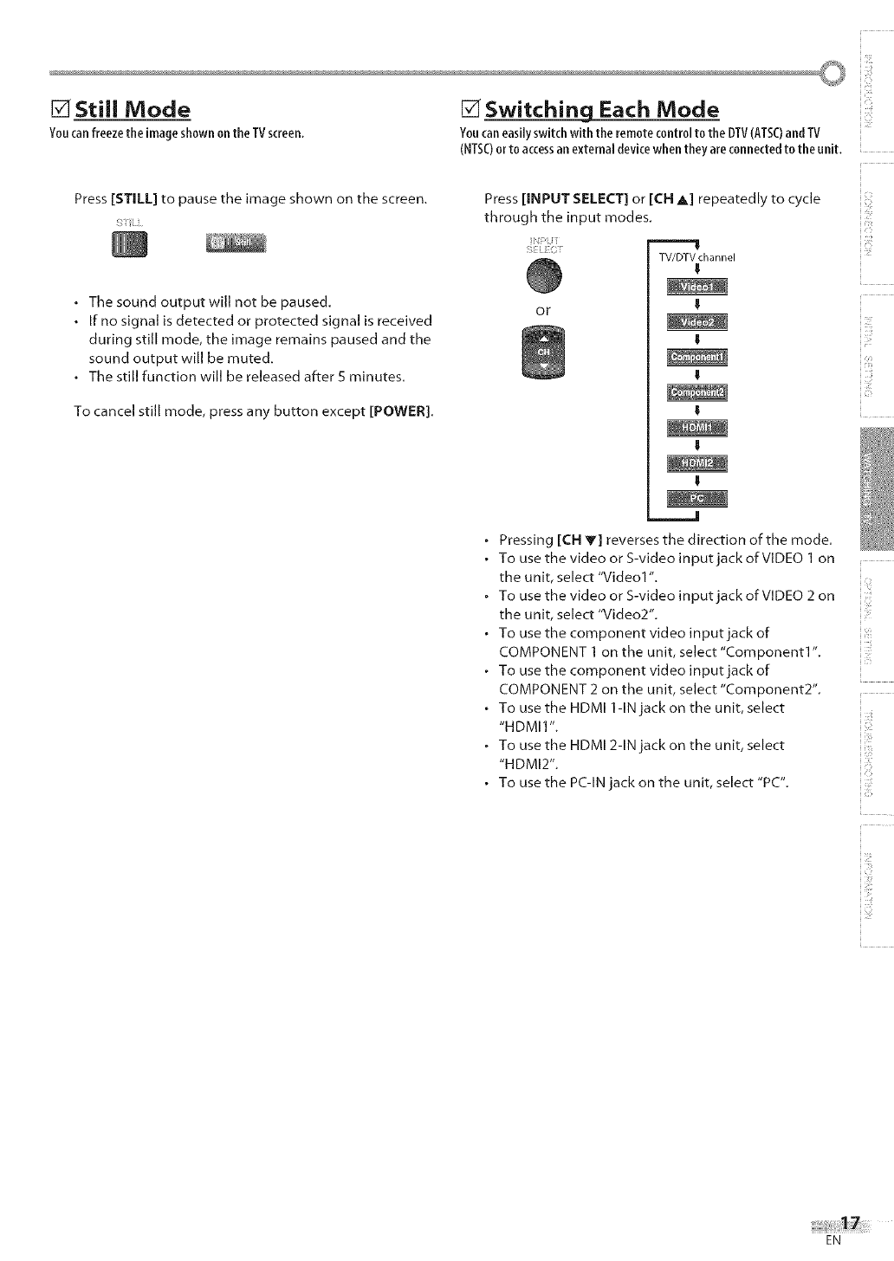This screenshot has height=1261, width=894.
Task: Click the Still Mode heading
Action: click(x=132, y=110)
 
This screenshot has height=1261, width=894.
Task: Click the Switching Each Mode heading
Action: click(x=601, y=110)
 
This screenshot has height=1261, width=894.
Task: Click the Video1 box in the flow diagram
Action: click(x=697, y=288)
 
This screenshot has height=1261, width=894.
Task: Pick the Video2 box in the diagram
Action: click(x=697, y=323)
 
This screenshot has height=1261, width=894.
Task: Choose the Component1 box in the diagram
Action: click(x=697, y=359)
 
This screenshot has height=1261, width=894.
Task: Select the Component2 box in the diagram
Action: click(x=697, y=393)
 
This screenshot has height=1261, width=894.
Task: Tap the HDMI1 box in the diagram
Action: click(x=697, y=428)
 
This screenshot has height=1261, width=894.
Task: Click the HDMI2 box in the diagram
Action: click(x=697, y=462)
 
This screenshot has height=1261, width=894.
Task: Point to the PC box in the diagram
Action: click(x=697, y=498)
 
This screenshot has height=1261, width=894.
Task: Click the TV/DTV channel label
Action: click(x=696, y=257)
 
